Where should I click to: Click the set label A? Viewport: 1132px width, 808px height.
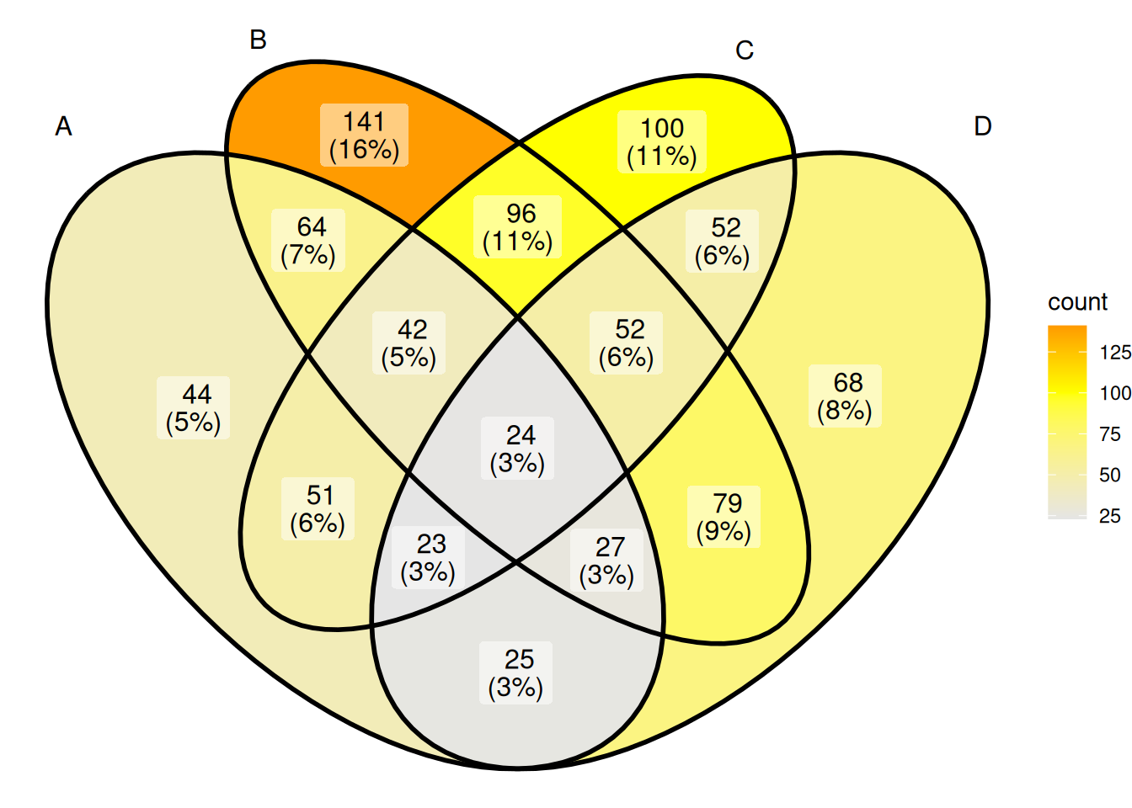64,126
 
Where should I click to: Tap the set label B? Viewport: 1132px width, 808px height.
258,40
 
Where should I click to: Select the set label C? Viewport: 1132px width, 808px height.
745,50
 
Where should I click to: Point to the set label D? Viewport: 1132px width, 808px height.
983,126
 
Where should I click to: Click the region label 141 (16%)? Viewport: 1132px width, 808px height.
365,136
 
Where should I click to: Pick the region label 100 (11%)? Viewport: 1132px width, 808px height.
662,142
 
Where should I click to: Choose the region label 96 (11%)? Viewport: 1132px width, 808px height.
517,227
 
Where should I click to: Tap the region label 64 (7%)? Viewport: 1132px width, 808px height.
308,241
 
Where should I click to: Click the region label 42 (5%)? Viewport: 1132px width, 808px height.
408,343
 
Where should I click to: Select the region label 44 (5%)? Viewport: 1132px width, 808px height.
194,408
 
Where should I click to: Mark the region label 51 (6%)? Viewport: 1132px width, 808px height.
318,509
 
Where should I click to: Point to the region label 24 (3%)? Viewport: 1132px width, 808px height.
517,449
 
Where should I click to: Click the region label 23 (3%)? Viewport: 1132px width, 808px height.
428,557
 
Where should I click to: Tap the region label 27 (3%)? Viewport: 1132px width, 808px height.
607,561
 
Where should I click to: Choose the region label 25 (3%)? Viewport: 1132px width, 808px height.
516,673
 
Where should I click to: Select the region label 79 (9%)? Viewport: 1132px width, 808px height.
724,517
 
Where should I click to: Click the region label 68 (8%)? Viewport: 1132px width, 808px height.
845,396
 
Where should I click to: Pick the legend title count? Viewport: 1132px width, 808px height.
1077,302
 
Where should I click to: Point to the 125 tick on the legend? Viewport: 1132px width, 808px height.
1114,353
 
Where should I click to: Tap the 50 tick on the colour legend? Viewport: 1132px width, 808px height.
1110,476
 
